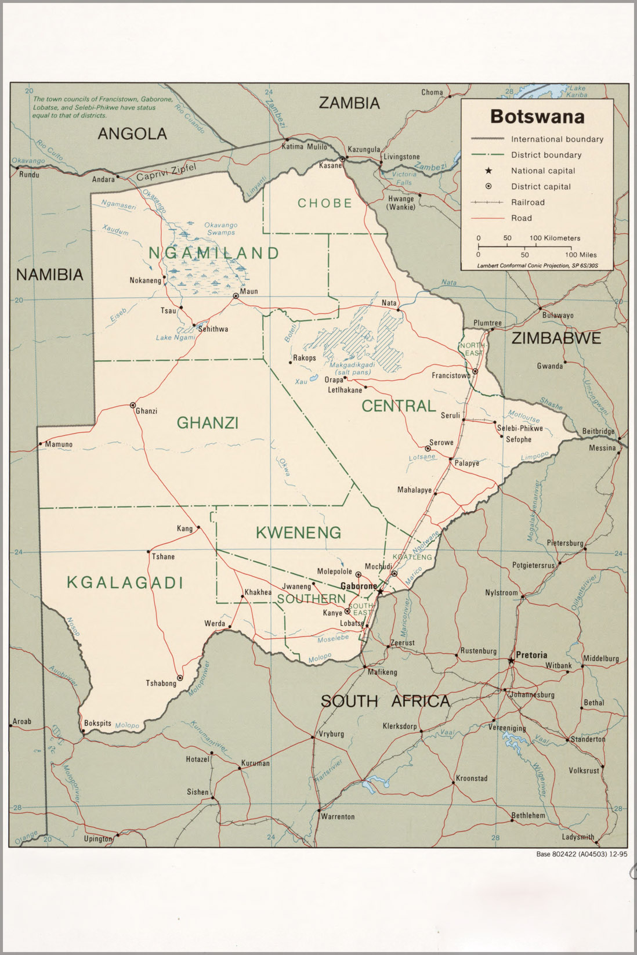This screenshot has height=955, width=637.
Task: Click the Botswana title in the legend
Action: coord(537,117)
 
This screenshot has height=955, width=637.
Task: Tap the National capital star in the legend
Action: coord(489,171)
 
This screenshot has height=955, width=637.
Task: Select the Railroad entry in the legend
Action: coord(527,202)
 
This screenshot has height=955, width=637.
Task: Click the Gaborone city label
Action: coord(359,586)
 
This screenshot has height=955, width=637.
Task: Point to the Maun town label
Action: coord(249,291)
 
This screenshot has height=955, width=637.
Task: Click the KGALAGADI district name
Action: coord(125,583)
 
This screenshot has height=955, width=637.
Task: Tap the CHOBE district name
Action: coord(325,203)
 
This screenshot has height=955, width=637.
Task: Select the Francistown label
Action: coord(451,375)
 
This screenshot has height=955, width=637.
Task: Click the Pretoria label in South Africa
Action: coord(531,654)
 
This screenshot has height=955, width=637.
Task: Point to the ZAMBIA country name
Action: coord(349,103)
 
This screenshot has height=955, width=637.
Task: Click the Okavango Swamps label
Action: coord(221,229)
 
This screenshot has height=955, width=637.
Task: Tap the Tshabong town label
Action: coord(161,683)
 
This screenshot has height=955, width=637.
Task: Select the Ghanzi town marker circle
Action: coord(133,405)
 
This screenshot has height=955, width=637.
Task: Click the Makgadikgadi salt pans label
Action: coord(352,368)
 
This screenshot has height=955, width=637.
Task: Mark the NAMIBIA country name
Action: coord(50,274)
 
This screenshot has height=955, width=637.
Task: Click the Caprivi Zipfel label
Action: coord(167,172)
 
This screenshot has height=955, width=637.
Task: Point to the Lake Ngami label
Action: coord(175,338)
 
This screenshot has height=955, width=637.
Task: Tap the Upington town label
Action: coord(97,838)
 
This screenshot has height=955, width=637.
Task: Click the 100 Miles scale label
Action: coord(581,255)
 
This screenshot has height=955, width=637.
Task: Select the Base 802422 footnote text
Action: coord(581,854)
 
